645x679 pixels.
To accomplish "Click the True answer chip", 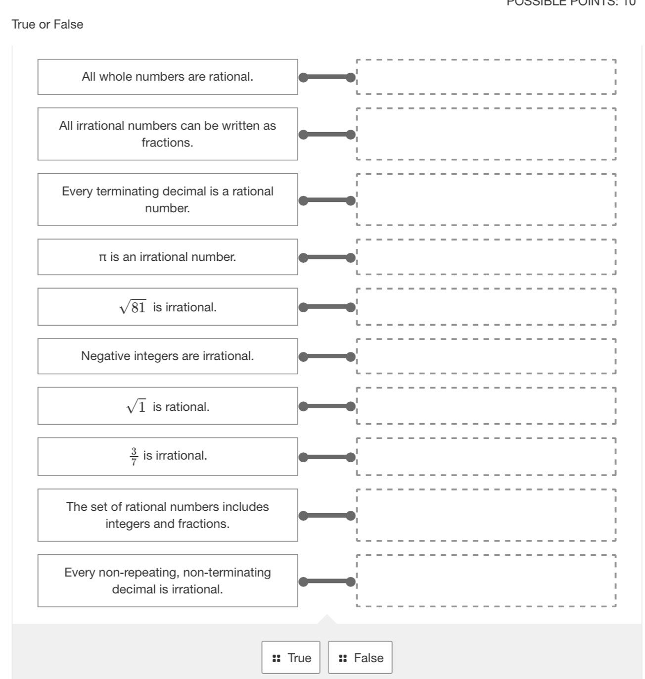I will coord(291,657).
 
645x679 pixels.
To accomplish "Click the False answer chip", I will coord(360,657).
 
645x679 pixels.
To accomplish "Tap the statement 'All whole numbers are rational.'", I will coord(167,77).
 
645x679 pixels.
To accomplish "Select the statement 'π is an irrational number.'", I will coord(167,257).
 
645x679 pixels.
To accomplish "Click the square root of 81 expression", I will coord(133,307).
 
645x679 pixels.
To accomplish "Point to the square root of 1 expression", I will coord(137,407).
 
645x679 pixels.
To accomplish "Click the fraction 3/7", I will coord(134,456).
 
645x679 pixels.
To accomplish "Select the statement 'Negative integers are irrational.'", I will coord(167,356).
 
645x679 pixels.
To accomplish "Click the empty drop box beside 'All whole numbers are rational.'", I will coord(486,77).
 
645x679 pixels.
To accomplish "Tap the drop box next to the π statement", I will coord(486,257).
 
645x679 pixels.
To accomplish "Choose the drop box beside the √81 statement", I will coord(486,307).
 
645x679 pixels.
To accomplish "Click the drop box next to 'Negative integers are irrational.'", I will coord(486,356).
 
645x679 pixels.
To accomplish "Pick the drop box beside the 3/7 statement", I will coord(486,456).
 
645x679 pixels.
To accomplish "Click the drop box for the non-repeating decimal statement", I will coord(486,581).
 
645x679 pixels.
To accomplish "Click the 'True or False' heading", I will coord(47,24).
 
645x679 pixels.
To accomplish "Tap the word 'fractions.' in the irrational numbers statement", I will coord(167,143).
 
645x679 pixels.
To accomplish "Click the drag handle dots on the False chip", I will coord(343,658).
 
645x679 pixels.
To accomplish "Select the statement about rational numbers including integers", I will coord(167,515).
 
